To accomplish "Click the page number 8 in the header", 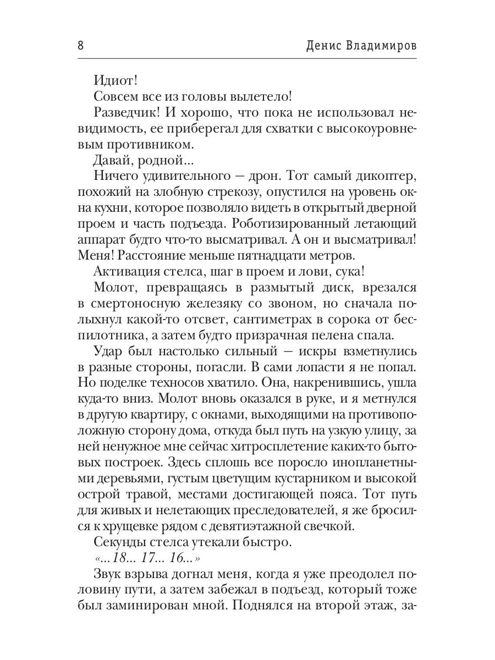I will [80, 46].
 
